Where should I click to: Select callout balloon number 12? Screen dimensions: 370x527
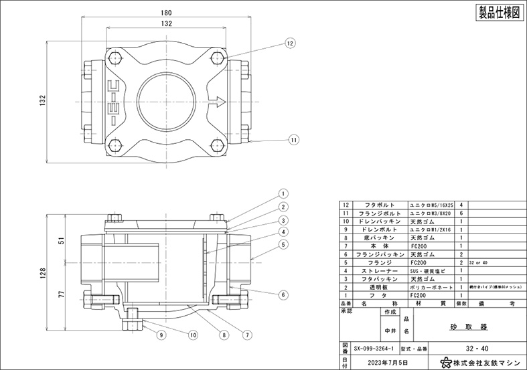click(290, 43)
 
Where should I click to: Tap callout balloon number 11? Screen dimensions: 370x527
click(294, 139)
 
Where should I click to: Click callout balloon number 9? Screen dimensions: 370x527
click(161, 334)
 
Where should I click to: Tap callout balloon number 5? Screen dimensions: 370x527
click(283, 244)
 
